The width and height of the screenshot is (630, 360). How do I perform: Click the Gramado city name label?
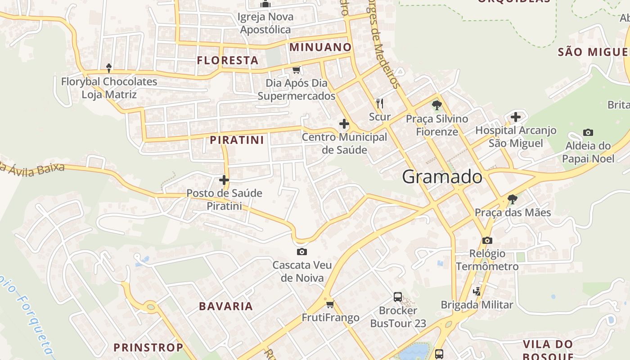[442, 177]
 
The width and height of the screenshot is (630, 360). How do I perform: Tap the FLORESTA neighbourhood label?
[228, 60]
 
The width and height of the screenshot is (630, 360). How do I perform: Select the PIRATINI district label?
[237, 140]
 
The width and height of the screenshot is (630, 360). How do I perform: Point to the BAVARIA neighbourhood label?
[226, 306]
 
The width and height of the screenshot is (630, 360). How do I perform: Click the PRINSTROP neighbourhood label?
[148, 347]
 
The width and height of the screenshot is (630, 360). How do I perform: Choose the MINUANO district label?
[320, 47]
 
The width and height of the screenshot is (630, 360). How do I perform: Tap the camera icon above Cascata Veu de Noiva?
[302, 252]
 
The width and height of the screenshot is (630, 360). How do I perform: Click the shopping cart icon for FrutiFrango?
[330, 304]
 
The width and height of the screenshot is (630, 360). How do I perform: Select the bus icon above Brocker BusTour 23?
[398, 297]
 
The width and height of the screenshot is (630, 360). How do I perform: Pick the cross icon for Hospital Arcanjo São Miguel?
[516, 117]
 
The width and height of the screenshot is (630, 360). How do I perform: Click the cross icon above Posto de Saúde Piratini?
[224, 180]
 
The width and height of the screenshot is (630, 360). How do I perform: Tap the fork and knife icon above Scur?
[380, 103]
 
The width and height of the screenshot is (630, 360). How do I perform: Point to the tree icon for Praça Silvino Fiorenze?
[436, 106]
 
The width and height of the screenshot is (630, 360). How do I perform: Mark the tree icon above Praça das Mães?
[512, 199]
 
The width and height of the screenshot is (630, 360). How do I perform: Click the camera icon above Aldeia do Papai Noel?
[588, 132]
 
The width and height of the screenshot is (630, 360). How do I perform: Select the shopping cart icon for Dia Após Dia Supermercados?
[296, 70]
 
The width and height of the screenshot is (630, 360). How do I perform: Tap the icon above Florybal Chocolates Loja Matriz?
[108, 68]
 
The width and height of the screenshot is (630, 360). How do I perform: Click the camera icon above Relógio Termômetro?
[487, 240]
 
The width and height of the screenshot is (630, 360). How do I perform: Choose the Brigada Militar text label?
[477, 305]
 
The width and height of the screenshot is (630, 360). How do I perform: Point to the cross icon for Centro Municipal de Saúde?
[344, 124]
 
